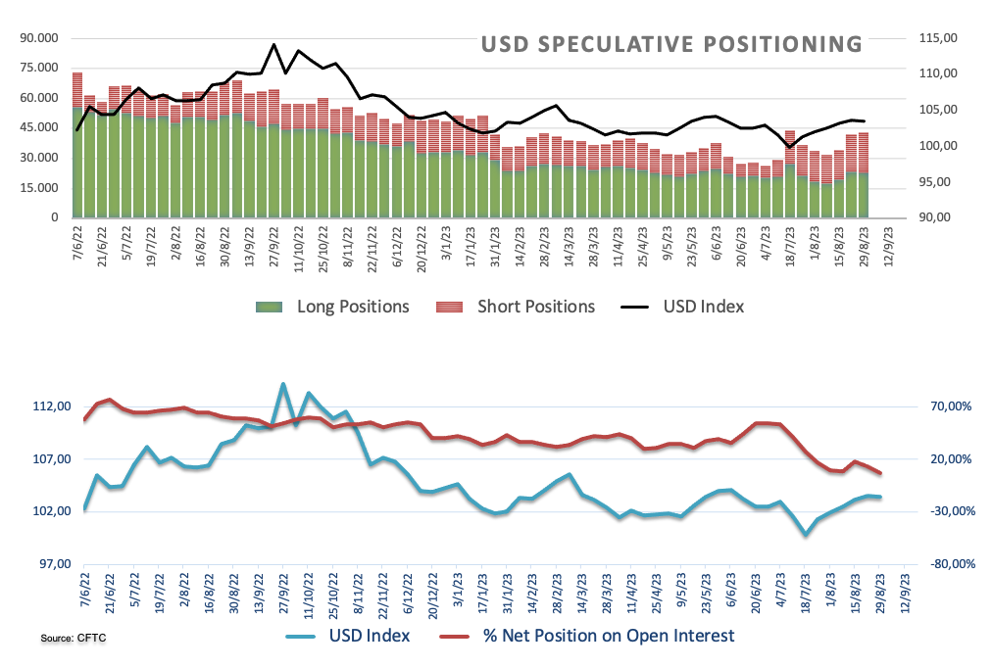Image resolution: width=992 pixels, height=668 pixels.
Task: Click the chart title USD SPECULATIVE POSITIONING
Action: click(671, 44)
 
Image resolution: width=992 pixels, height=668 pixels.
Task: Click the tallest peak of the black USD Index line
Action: click(273, 44)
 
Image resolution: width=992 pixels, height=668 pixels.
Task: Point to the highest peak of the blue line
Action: click(283, 384)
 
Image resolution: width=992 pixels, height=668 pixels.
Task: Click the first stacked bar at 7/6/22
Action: click(77, 145)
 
